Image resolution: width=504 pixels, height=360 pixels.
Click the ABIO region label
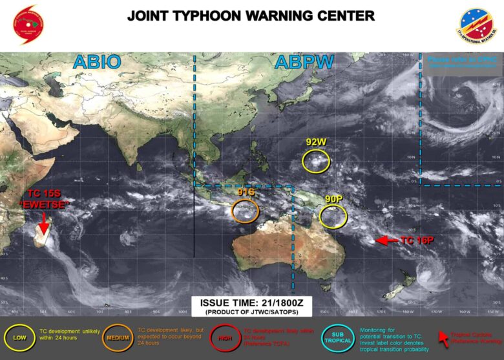[x=97, y=62]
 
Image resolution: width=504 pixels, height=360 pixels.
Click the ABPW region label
[x=304, y=62]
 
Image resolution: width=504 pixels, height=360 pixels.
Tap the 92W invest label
[x=317, y=142]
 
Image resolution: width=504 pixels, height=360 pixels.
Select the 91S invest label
[x=246, y=191]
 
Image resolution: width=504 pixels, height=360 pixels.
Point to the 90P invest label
[x=334, y=199]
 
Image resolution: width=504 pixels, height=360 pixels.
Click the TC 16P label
[x=417, y=240]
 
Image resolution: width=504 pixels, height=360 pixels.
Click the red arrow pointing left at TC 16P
[x=386, y=240]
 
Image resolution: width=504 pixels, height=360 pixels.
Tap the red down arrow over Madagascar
[x=43, y=220]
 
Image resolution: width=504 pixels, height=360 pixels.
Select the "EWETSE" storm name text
[x=47, y=204]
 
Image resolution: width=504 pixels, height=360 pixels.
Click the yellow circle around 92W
[x=317, y=161]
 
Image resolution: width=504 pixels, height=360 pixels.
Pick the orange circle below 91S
[x=245, y=211]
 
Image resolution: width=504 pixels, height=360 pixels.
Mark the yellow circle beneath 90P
[x=333, y=217]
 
